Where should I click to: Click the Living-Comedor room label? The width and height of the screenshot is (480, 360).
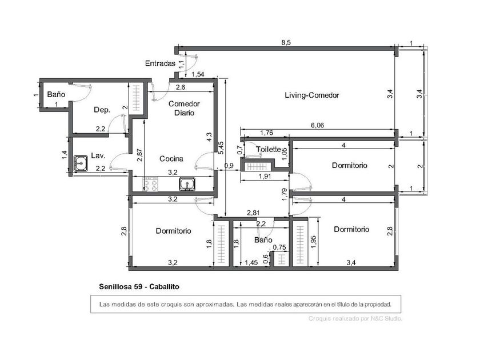tap(311, 95)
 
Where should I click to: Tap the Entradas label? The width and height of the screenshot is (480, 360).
tap(160, 63)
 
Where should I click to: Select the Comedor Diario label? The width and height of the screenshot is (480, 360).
tap(184, 108)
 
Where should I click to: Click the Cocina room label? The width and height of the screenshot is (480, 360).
tap(171, 159)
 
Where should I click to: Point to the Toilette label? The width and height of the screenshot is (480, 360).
tap(269, 149)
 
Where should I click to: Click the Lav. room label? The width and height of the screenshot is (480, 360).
tap(98, 155)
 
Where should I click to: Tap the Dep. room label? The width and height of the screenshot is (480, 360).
tap(102, 110)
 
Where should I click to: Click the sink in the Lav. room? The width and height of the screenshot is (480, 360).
tap(81, 163)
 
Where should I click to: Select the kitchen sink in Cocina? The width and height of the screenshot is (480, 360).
tap(187, 184)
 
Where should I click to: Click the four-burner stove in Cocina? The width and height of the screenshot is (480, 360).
tap(151, 184)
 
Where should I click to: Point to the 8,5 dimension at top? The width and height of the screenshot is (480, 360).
tap(286, 42)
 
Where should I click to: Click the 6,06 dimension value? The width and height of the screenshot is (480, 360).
tap(317, 125)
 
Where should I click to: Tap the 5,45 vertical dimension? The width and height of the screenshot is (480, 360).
tap(221, 147)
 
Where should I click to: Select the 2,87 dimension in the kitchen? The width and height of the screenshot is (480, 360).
tap(139, 155)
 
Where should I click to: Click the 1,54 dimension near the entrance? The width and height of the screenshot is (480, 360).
tap(198, 74)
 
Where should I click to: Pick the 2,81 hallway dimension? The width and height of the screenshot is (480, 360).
tap(254, 213)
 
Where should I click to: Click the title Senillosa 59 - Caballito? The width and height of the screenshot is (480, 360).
tap(139, 287)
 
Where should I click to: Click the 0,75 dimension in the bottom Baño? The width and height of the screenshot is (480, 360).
tap(279, 247)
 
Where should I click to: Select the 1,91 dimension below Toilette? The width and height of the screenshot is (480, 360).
tap(265, 177)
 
